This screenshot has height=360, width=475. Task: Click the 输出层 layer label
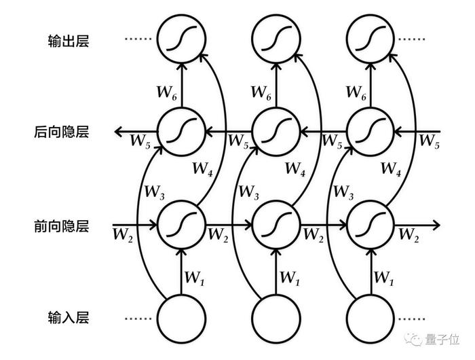(69, 40)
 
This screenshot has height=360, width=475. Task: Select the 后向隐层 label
(62, 132)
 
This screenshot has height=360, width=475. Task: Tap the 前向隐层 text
(62, 226)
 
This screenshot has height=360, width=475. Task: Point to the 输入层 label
(69, 318)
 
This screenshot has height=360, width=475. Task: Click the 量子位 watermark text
(442, 339)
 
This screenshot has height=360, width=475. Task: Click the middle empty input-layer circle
(276, 319)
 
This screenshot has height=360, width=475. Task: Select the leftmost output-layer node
(182, 39)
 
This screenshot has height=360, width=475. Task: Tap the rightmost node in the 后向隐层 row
(370, 132)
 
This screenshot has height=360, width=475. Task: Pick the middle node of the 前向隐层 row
(276, 226)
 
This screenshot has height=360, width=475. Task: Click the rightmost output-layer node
(370, 39)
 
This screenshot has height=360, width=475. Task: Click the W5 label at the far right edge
(430, 141)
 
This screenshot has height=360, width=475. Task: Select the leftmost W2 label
(123, 235)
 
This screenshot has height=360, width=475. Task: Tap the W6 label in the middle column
(261, 92)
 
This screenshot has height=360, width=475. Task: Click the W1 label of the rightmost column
(384, 278)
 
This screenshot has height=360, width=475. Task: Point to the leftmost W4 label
(203, 169)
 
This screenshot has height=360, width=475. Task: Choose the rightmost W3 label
(343, 193)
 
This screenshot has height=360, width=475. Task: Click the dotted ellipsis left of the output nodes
(138, 39)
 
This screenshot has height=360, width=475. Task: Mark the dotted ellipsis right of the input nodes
(412, 319)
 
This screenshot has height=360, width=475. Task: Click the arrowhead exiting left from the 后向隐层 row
(119, 132)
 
